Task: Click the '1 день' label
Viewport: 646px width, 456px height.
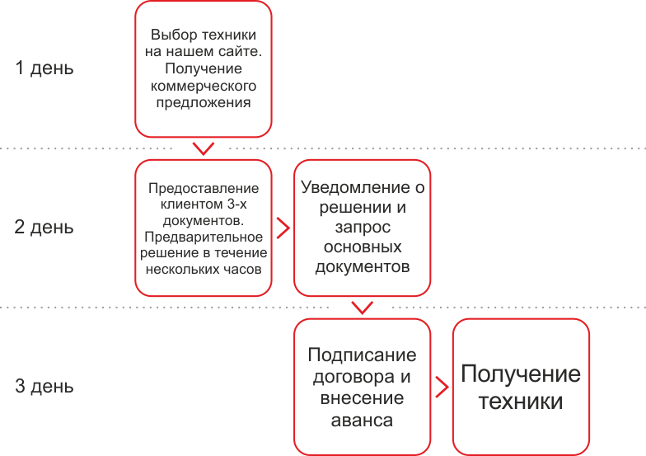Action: tap(44, 68)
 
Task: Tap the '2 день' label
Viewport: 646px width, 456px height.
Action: tap(44, 227)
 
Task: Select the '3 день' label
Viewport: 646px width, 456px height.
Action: tap(44, 386)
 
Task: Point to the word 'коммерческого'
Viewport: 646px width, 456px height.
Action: tap(203, 87)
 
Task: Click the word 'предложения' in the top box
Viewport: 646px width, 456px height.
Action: tap(203, 103)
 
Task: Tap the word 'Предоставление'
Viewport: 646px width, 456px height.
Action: tap(203, 190)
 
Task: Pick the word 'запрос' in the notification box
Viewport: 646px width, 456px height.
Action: tap(363, 228)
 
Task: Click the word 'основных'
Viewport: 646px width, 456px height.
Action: tap(363, 247)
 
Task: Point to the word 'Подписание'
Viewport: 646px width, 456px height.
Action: tap(362, 355)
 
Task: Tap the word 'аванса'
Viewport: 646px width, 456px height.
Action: tap(362, 420)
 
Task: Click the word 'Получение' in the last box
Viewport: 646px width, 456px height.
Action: tap(521, 374)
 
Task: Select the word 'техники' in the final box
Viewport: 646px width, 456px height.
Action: tap(521, 402)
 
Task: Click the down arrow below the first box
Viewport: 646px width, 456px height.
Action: tap(203, 148)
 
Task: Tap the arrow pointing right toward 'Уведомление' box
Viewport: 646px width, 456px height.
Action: tap(283, 228)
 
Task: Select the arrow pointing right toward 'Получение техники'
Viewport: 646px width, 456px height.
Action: tap(442, 387)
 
